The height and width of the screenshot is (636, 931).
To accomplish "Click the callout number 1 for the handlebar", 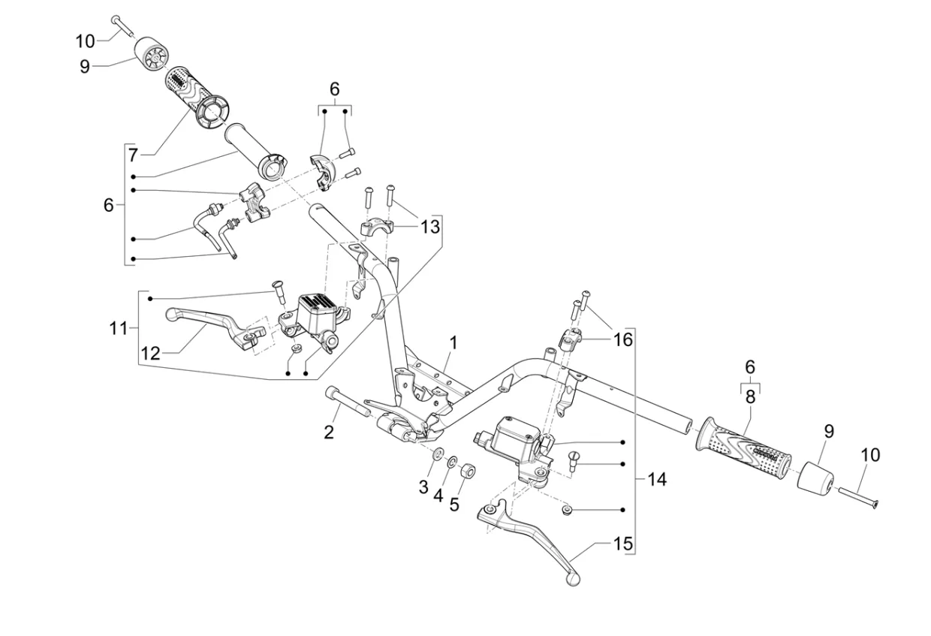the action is coord(453,343).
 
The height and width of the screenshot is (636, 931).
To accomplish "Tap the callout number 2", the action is coord(329,433).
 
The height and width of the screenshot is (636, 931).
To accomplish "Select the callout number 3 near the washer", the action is coord(423,487).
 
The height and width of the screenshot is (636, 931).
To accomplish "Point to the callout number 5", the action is coord(454,505).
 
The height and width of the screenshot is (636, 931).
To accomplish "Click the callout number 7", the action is coord(133,155).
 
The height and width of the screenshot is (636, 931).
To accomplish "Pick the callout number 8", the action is coord(750,397).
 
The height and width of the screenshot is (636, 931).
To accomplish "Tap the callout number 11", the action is coord(119,328).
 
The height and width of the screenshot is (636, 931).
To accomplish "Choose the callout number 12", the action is coord(150,354).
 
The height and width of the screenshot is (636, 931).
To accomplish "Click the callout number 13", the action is coord(430,227).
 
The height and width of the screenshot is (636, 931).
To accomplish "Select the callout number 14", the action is coord(657,480).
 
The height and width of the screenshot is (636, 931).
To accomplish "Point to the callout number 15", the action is coord(623,544).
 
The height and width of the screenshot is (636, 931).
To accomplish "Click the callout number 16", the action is coord(623,339).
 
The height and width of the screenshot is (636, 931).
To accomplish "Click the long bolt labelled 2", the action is coord(349,401).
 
